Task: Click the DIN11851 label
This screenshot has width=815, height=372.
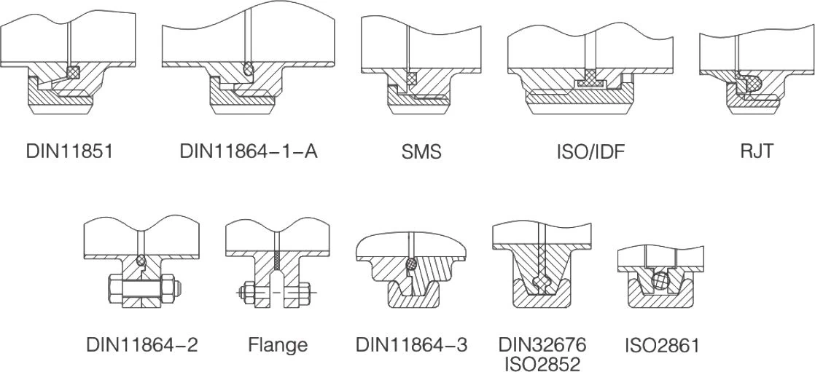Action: (x=70, y=152)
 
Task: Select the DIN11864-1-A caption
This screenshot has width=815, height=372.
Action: (x=249, y=152)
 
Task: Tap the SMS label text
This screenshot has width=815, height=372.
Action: (x=421, y=152)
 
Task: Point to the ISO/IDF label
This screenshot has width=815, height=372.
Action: (x=591, y=152)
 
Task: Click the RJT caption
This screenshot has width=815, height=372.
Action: (x=757, y=152)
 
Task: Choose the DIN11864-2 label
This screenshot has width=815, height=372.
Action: (x=142, y=345)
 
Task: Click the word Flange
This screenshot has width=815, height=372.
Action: (x=278, y=345)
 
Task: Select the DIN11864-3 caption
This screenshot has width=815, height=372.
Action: (x=412, y=345)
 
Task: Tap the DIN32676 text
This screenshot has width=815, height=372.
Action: (x=542, y=344)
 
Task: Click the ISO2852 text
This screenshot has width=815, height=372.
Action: (x=542, y=364)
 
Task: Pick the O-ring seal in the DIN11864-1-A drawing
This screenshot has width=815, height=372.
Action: (x=249, y=68)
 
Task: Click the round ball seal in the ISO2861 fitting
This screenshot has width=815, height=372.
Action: (x=660, y=282)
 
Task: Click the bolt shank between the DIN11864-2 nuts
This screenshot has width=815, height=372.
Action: (x=142, y=286)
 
